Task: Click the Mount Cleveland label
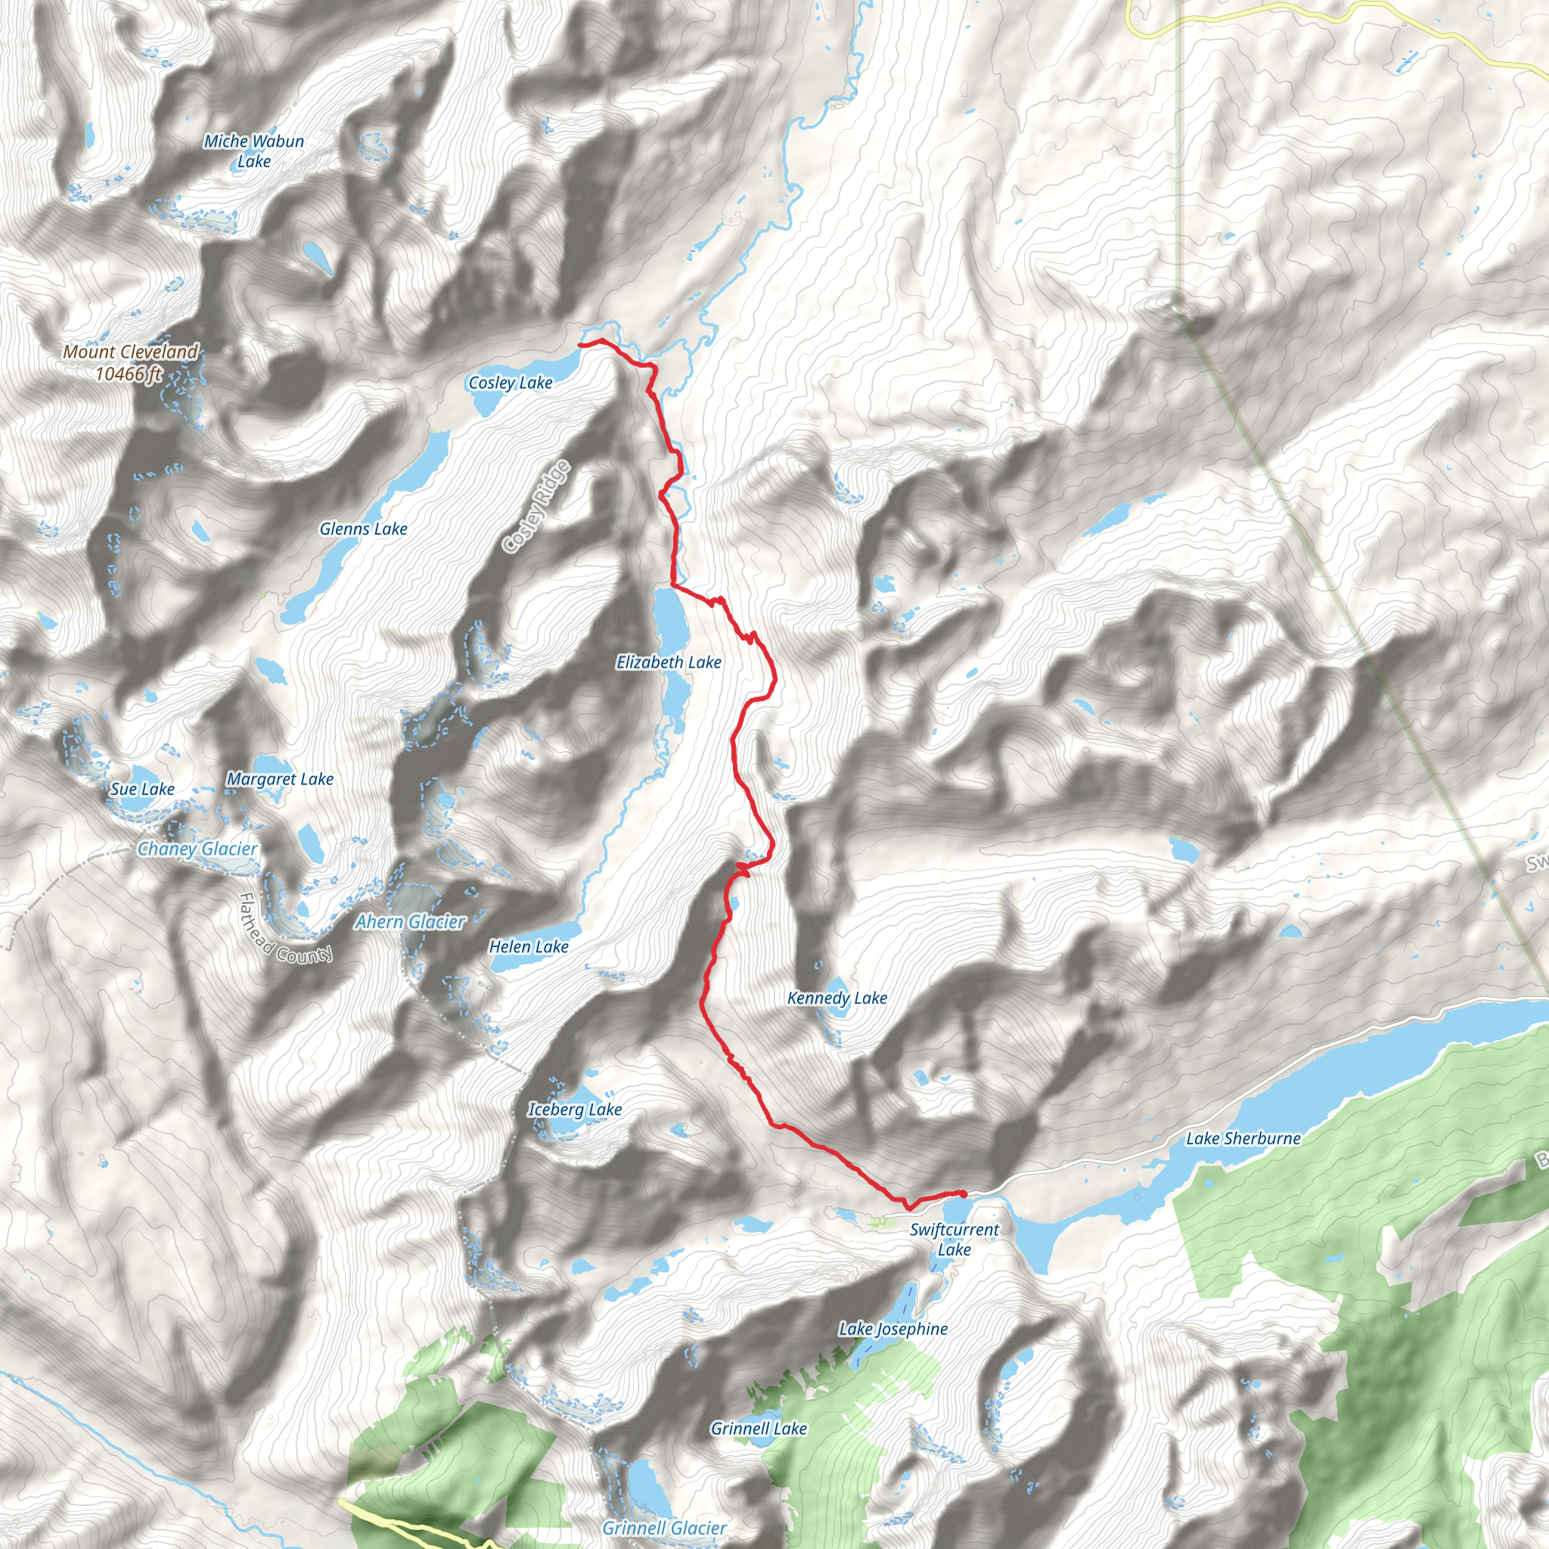[131, 362]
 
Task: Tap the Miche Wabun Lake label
[253, 151]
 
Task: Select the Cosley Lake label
[510, 383]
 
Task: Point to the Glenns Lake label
[363, 529]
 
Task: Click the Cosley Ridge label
[536, 507]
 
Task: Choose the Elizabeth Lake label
[669, 663]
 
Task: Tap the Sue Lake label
[142, 789]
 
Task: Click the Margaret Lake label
[280, 779]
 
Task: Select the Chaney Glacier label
[197, 849]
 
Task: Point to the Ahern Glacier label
[410, 922]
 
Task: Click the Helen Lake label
[529, 947]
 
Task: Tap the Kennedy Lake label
[837, 998]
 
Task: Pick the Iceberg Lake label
[574, 1110]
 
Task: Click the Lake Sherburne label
[1243, 1138]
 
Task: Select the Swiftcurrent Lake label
[954, 1240]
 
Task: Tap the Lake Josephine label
[893, 1330]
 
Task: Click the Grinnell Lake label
[759, 1429]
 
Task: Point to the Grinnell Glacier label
[665, 1528]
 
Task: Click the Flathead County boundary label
[285, 930]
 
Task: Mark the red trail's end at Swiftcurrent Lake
[963, 1194]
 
